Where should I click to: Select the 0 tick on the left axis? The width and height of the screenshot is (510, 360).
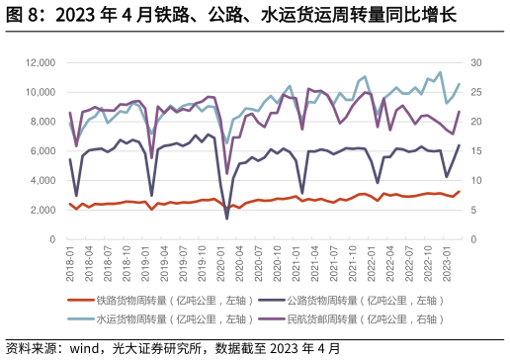[x=49, y=239]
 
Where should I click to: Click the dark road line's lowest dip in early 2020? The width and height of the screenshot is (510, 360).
[x=227, y=218]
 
